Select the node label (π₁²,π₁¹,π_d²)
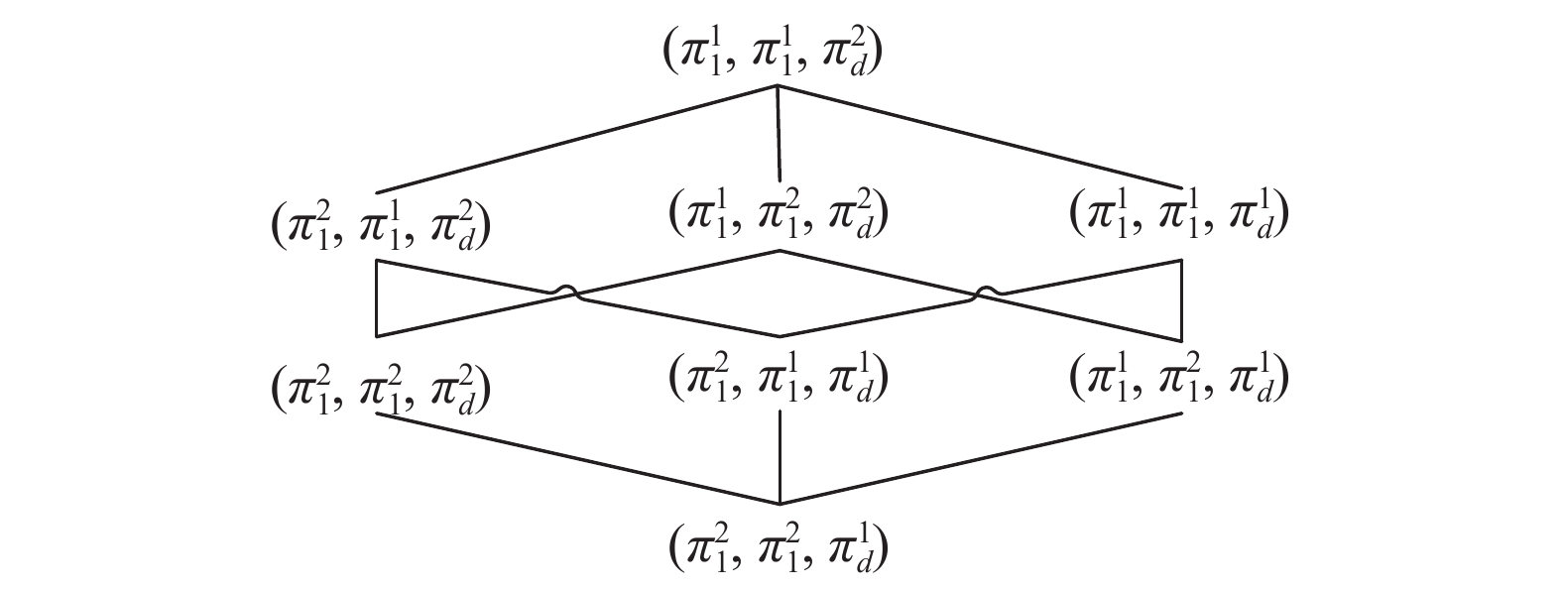click(383, 226)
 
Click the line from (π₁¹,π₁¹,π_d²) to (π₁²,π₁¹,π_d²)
click(575, 139)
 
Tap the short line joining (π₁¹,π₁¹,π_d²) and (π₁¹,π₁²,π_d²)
click(779, 135)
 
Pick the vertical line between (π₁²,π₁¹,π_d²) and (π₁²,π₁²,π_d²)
click(377, 298)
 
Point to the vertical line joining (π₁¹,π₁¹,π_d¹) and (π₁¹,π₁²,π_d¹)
click(1181, 298)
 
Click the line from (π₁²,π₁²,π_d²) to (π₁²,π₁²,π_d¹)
click(575, 457)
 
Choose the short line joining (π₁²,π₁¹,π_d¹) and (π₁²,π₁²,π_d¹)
click(781, 456)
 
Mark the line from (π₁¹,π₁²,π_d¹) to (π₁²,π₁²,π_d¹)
click(982, 457)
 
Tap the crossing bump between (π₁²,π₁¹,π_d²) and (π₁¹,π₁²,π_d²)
click(564, 289)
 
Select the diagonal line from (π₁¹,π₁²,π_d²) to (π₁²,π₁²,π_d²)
click(674, 272)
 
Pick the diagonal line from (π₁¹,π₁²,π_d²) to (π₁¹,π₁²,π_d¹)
click(883, 272)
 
